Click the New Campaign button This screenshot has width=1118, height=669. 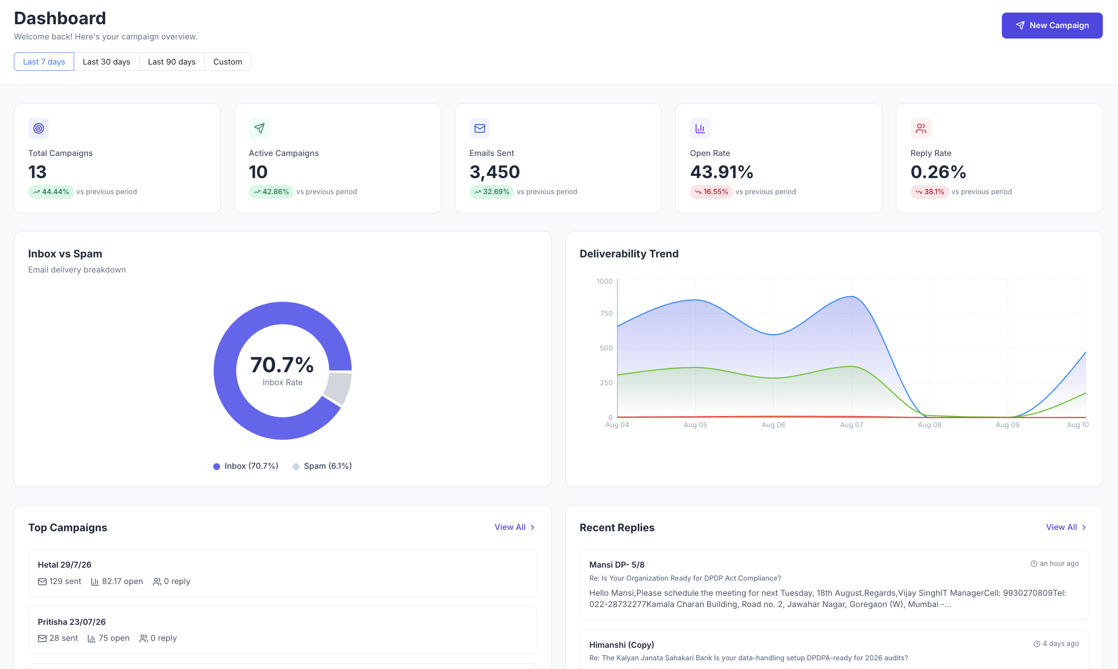tap(1052, 25)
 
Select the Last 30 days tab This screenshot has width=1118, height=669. tap(107, 62)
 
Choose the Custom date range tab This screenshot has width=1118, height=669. tap(227, 62)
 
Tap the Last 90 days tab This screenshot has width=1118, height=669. tap(172, 62)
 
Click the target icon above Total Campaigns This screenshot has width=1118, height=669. tap(39, 129)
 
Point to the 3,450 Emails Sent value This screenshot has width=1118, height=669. tap(494, 172)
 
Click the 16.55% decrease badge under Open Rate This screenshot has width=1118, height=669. tap(711, 192)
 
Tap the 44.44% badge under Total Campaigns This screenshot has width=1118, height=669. tap(51, 192)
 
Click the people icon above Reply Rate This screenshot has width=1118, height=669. tap(920, 129)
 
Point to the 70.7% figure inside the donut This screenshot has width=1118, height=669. tap(282, 365)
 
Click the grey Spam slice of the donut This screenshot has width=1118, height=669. tap(338, 387)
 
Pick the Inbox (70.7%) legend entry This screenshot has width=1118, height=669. tap(246, 466)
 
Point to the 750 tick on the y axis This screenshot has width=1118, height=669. tap(606, 313)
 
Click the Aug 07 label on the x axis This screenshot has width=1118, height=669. tap(851, 425)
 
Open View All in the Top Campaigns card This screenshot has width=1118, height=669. tap(514, 527)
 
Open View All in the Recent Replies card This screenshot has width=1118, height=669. tap(1066, 527)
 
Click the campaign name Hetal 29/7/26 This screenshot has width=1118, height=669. tap(65, 565)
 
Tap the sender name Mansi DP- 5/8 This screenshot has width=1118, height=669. tap(617, 565)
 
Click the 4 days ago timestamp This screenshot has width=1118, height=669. tap(1056, 643)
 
